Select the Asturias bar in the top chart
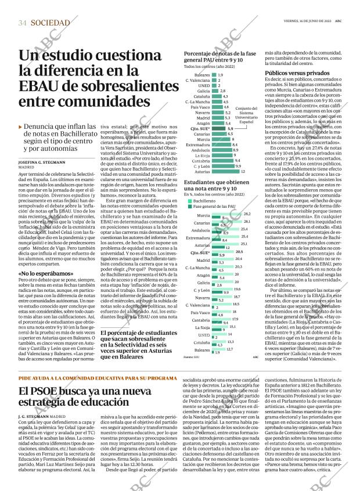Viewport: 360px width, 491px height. pyautogui.click(x=226, y=172)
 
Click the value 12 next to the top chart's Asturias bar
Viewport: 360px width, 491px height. pyautogui.click(x=244, y=172)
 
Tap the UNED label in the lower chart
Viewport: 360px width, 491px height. pyautogui.click(x=203, y=335)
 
